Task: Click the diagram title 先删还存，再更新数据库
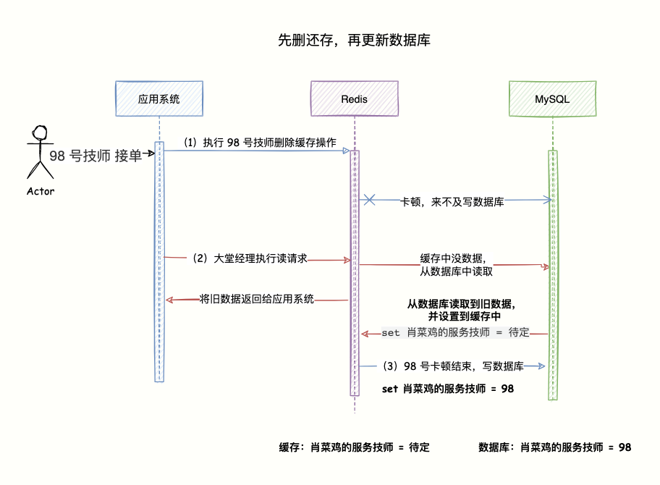click(x=354, y=41)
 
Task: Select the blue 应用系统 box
click(x=158, y=98)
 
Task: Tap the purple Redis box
click(x=355, y=98)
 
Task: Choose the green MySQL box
click(x=552, y=98)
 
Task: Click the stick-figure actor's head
click(x=41, y=134)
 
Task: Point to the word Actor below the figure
click(x=41, y=192)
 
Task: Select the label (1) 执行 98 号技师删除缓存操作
click(x=259, y=143)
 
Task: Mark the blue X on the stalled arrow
click(x=369, y=199)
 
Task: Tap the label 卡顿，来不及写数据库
click(x=453, y=203)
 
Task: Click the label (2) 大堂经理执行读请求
click(x=250, y=258)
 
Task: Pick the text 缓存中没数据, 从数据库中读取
click(x=453, y=265)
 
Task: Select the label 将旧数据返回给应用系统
click(x=256, y=298)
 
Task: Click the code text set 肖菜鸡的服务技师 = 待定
click(x=455, y=332)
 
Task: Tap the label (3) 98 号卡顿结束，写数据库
click(x=452, y=366)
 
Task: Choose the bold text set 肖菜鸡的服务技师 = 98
click(x=448, y=389)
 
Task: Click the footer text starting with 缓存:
click(x=355, y=447)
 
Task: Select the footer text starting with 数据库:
click(x=555, y=447)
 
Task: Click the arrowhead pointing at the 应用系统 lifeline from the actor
click(x=152, y=153)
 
